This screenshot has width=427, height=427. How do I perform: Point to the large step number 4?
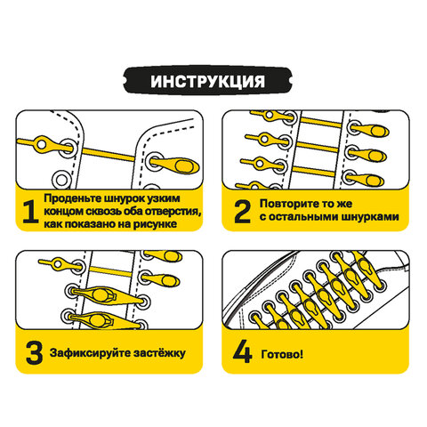click(x=242, y=352)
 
